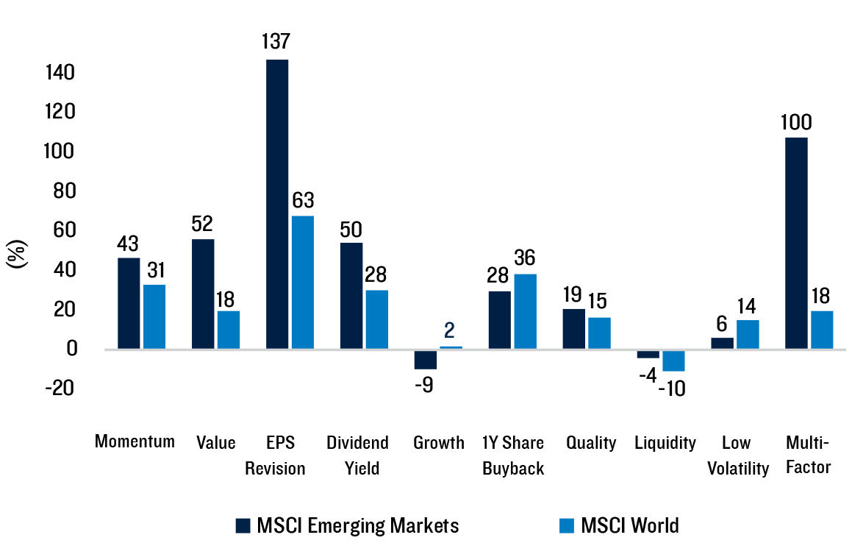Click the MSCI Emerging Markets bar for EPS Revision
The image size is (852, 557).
point(277,204)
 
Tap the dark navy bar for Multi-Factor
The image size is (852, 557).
point(796,243)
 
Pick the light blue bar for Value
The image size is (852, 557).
point(229,330)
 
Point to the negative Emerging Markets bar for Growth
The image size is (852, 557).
point(425,359)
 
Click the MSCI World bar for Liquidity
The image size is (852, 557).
point(673,361)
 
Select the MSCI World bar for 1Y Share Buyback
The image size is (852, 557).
point(525,311)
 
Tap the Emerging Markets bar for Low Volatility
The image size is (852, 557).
point(722,343)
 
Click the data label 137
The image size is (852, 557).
point(277,41)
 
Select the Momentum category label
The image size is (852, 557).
point(135,441)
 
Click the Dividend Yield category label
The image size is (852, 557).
point(357,455)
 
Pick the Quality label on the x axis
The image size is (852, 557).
point(591,443)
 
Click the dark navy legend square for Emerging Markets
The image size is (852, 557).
point(243,525)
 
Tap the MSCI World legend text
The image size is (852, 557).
point(629,525)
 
